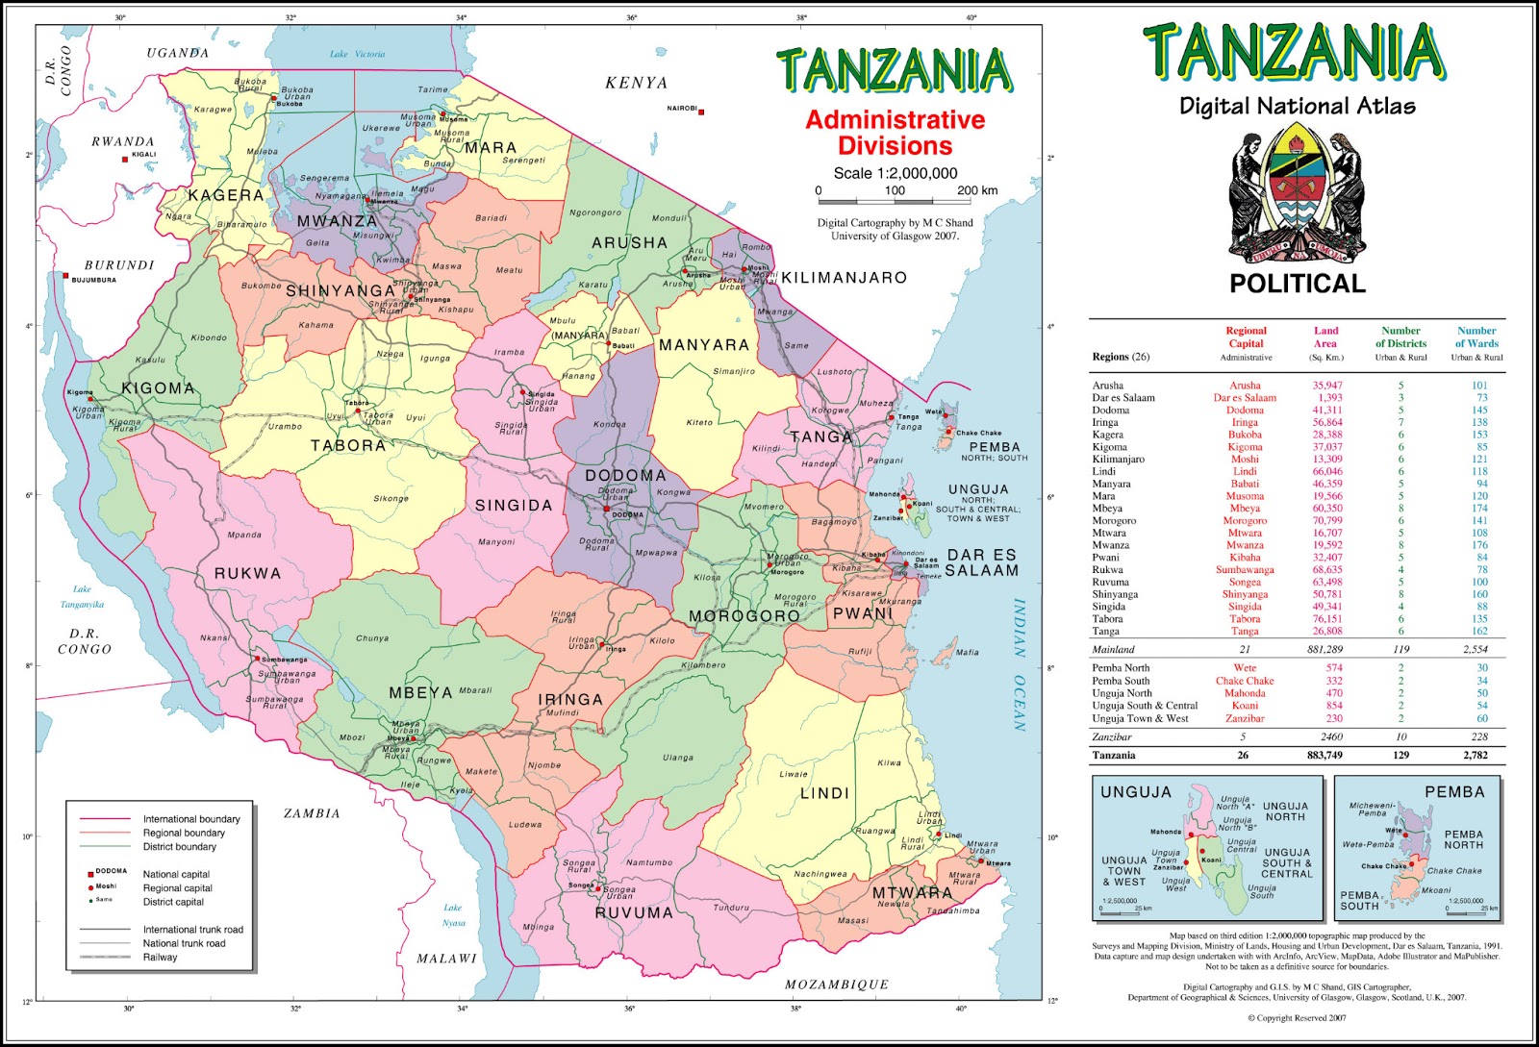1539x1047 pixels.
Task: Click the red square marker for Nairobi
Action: click(x=701, y=112)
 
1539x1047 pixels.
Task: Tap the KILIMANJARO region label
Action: click(x=844, y=278)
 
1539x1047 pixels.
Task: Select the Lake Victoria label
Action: click(x=357, y=54)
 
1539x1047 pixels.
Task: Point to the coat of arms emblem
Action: click(x=1297, y=197)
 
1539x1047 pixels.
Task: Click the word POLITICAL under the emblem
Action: click(x=1298, y=284)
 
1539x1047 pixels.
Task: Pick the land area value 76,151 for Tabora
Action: click(x=1327, y=619)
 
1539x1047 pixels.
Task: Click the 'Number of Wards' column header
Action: click(x=1476, y=337)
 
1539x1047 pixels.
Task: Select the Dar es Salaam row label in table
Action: click(x=1123, y=398)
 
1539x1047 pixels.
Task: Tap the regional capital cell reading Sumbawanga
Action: click(x=1245, y=570)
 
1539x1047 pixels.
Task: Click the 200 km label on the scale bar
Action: click(x=976, y=190)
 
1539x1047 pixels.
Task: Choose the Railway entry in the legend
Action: click(x=160, y=957)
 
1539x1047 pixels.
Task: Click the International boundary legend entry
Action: click(x=191, y=819)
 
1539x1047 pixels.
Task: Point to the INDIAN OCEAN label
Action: click(x=1020, y=664)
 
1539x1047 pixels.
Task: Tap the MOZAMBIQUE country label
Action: click(x=836, y=985)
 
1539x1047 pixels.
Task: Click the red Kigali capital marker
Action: click(x=125, y=159)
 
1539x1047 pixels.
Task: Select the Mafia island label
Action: click(x=967, y=652)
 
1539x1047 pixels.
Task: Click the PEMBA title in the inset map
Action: click(x=1454, y=792)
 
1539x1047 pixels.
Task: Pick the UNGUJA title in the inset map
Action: click(x=1136, y=792)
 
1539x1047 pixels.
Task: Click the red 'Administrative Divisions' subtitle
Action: click(x=895, y=133)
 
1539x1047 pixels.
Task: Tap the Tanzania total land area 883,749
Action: click(x=1325, y=756)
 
